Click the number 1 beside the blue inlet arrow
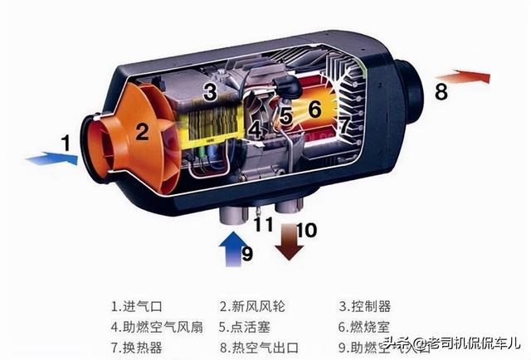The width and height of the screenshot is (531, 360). tap(65, 142)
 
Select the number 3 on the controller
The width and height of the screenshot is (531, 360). tap(210, 91)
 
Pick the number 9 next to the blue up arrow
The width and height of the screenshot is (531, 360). tap(246, 253)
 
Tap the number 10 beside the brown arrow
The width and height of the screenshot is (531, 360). tap(306, 230)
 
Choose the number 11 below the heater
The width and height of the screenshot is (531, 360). tap(262, 224)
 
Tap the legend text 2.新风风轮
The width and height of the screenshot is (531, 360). tap(251, 305)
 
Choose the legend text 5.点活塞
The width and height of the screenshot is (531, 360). tap(246, 327)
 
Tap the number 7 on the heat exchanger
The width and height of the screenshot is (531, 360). tap(343, 125)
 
